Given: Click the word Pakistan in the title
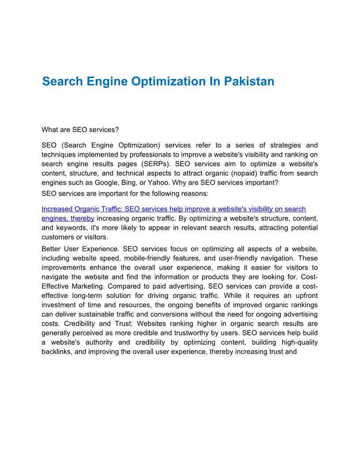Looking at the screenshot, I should click(249, 82).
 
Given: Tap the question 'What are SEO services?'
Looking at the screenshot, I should click(80, 130).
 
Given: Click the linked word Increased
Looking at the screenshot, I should click(56, 209).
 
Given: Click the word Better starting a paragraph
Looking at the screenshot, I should click(52, 249).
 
